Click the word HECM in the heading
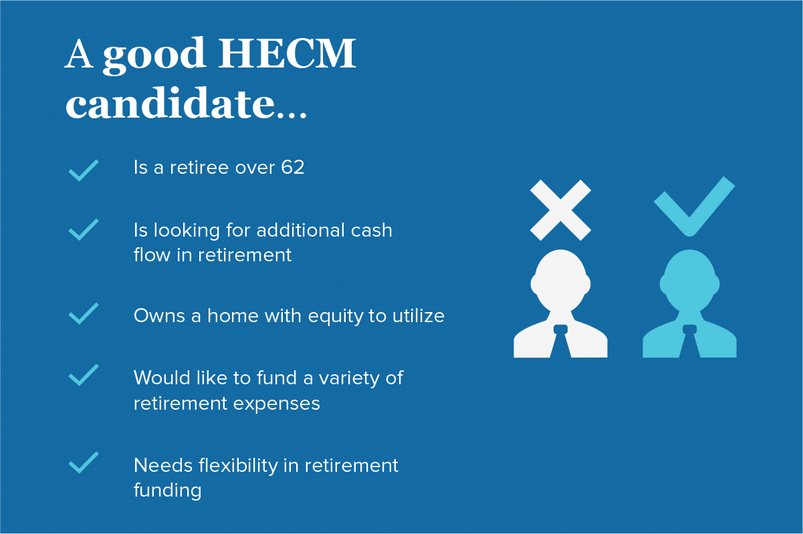(x=287, y=53)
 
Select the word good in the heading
(x=154, y=56)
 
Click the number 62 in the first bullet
(x=293, y=167)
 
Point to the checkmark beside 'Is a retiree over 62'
(x=84, y=170)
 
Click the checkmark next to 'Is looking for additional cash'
(x=84, y=229)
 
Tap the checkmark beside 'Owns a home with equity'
(x=84, y=313)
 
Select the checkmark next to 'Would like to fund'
(x=84, y=375)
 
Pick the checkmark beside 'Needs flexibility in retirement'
(x=84, y=462)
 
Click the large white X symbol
(x=560, y=210)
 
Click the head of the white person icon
(x=560, y=280)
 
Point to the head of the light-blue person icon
(x=689, y=280)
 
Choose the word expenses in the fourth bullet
(x=276, y=404)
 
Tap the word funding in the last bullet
(x=167, y=491)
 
